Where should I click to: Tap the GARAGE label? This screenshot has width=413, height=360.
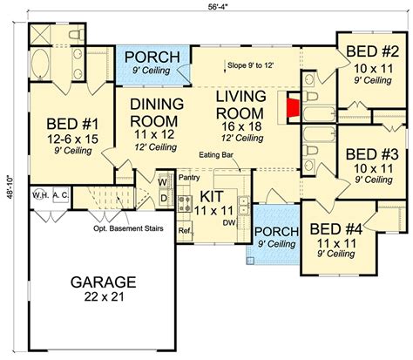pyautogui.click(x=104, y=282)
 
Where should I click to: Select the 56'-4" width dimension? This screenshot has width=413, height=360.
pyautogui.click(x=217, y=7)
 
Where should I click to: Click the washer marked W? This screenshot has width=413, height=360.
pyautogui.click(x=163, y=182)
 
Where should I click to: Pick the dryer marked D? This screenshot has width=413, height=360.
pyautogui.click(x=164, y=198)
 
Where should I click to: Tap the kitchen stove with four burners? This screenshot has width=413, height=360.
pyautogui.click(x=185, y=204)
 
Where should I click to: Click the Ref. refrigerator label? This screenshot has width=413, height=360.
pyautogui.click(x=185, y=231)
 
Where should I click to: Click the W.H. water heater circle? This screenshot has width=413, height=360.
pyautogui.click(x=40, y=195)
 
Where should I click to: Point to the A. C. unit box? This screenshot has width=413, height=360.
pyautogui.click(x=61, y=195)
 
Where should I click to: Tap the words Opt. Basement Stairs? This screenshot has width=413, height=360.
pyautogui.click(x=128, y=228)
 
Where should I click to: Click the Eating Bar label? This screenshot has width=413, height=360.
pyautogui.click(x=216, y=155)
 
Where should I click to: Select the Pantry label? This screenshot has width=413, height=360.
pyautogui.click(x=189, y=177)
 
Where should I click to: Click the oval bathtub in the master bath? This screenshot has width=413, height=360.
pyautogui.click(x=40, y=65)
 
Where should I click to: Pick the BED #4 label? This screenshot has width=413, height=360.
pyautogui.click(x=336, y=229)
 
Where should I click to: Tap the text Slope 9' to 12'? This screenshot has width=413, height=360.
pyautogui.click(x=251, y=65)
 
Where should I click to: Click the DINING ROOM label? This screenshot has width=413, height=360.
pyautogui.click(x=157, y=112)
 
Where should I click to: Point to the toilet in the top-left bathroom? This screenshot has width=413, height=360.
pyautogui.click(x=77, y=35)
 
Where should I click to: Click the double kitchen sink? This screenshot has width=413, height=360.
pyautogui.click(x=243, y=205)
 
